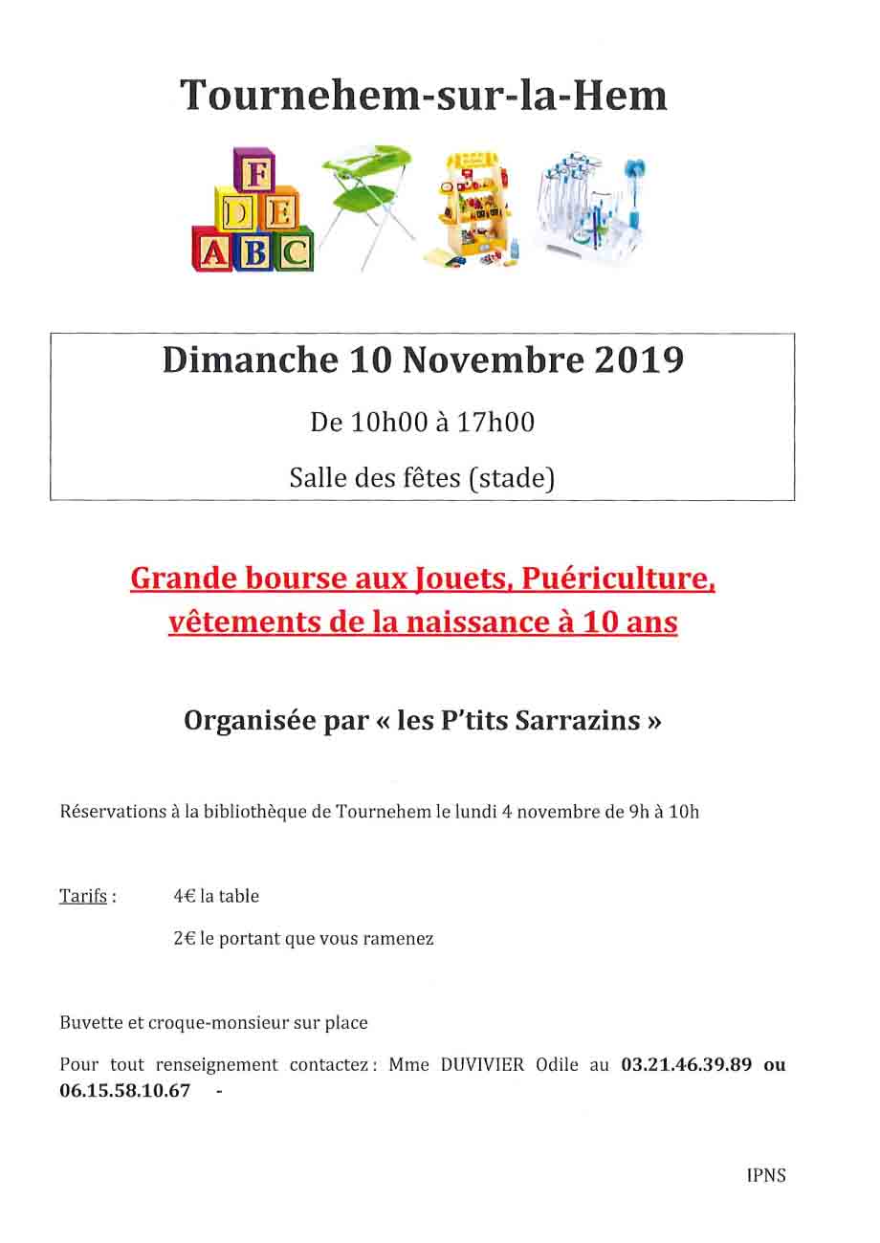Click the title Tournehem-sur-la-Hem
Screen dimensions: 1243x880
tap(424, 96)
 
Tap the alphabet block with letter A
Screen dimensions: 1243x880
tap(214, 251)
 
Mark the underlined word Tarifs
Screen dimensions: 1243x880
tap(83, 897)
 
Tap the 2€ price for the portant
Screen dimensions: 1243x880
tap(185, 939)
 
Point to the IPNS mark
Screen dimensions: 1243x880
tap(766, 1176)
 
